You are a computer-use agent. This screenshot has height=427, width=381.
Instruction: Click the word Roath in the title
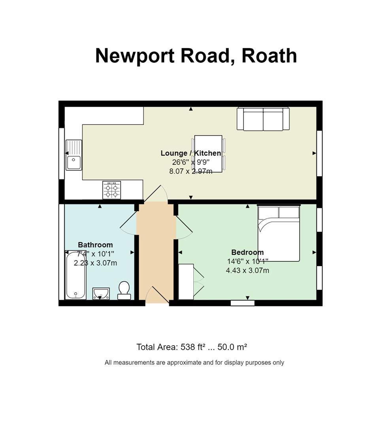269,56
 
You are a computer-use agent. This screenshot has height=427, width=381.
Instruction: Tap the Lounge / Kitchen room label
191,153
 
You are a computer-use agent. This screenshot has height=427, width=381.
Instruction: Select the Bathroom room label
95,245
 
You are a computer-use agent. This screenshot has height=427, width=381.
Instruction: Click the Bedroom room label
247,252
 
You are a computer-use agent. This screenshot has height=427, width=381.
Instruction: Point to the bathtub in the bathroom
75,275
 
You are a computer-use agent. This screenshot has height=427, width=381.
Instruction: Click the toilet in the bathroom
124,291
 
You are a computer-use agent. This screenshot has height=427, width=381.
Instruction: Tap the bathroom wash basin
101,293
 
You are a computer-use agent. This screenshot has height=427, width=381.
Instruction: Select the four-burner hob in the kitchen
111,190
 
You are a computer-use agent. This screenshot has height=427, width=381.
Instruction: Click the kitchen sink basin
74,162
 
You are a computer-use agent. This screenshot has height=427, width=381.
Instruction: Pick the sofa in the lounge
263,119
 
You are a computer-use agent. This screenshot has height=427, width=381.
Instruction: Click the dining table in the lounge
208,153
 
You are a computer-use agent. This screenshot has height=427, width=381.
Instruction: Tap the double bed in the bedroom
279,233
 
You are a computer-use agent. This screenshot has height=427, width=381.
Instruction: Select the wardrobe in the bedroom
186,282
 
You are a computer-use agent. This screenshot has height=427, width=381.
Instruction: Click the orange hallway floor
156,252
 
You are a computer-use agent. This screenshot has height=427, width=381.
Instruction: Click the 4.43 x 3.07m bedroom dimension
247,270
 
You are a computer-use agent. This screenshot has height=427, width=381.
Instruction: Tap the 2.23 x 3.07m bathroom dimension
95,263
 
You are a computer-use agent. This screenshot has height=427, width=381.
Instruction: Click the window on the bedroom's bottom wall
243,303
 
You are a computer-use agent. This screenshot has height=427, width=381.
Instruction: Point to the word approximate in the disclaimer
184,363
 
